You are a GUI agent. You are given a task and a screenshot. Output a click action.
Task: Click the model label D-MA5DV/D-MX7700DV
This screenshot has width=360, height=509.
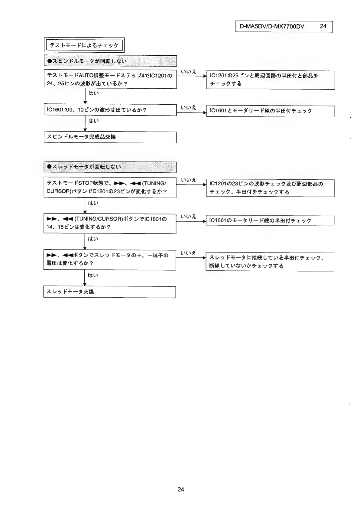(x=271, y=26)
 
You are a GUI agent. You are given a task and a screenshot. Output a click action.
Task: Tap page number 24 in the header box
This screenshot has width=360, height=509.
(x=323, y=26)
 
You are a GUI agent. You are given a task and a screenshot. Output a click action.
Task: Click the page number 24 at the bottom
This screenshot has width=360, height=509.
(x=181, y=489)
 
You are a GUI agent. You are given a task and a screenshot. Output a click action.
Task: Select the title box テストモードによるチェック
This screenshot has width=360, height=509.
(x=84, y=45)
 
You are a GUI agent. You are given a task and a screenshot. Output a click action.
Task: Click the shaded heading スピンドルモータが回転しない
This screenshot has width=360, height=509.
(x=110, y=61)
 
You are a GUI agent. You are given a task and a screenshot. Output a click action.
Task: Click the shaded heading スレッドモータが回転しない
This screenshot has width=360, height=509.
(x=110, y=167)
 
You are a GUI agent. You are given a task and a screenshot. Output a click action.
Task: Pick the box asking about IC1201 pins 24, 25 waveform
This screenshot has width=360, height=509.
(x=110, y=79)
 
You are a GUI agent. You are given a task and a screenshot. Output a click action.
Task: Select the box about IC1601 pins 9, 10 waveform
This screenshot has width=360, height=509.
(x=110, y=110)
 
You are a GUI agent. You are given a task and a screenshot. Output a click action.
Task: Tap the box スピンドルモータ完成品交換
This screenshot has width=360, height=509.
(x=110, y=137)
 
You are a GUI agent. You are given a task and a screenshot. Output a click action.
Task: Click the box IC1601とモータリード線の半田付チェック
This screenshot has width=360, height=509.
(x=270, y=111)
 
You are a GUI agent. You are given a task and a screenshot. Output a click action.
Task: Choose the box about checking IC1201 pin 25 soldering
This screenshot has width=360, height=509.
(x=270, y=80)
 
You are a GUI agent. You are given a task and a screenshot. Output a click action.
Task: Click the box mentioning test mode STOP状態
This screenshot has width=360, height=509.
(x=110, y=187)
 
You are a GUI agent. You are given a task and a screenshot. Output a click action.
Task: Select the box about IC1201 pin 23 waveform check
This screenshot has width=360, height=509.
(x=270, y=188)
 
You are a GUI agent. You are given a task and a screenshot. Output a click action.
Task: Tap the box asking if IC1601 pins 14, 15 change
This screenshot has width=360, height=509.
(x=110, y=223)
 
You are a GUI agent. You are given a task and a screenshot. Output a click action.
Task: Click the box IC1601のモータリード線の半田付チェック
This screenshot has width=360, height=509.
(x=270, y=221)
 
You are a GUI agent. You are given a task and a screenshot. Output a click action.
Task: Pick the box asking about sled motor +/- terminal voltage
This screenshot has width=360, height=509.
(x=110, y=259)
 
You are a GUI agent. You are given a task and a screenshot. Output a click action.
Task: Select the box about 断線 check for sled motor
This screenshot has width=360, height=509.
(x=270, y=262)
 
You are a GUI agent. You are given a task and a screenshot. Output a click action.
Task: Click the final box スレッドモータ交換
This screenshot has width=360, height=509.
(x=110, y=292)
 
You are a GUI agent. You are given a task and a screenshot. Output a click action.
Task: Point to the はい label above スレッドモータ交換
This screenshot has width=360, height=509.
(x=93, y=276)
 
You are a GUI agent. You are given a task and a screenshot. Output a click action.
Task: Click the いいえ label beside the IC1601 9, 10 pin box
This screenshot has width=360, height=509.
(x=189, y=107)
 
